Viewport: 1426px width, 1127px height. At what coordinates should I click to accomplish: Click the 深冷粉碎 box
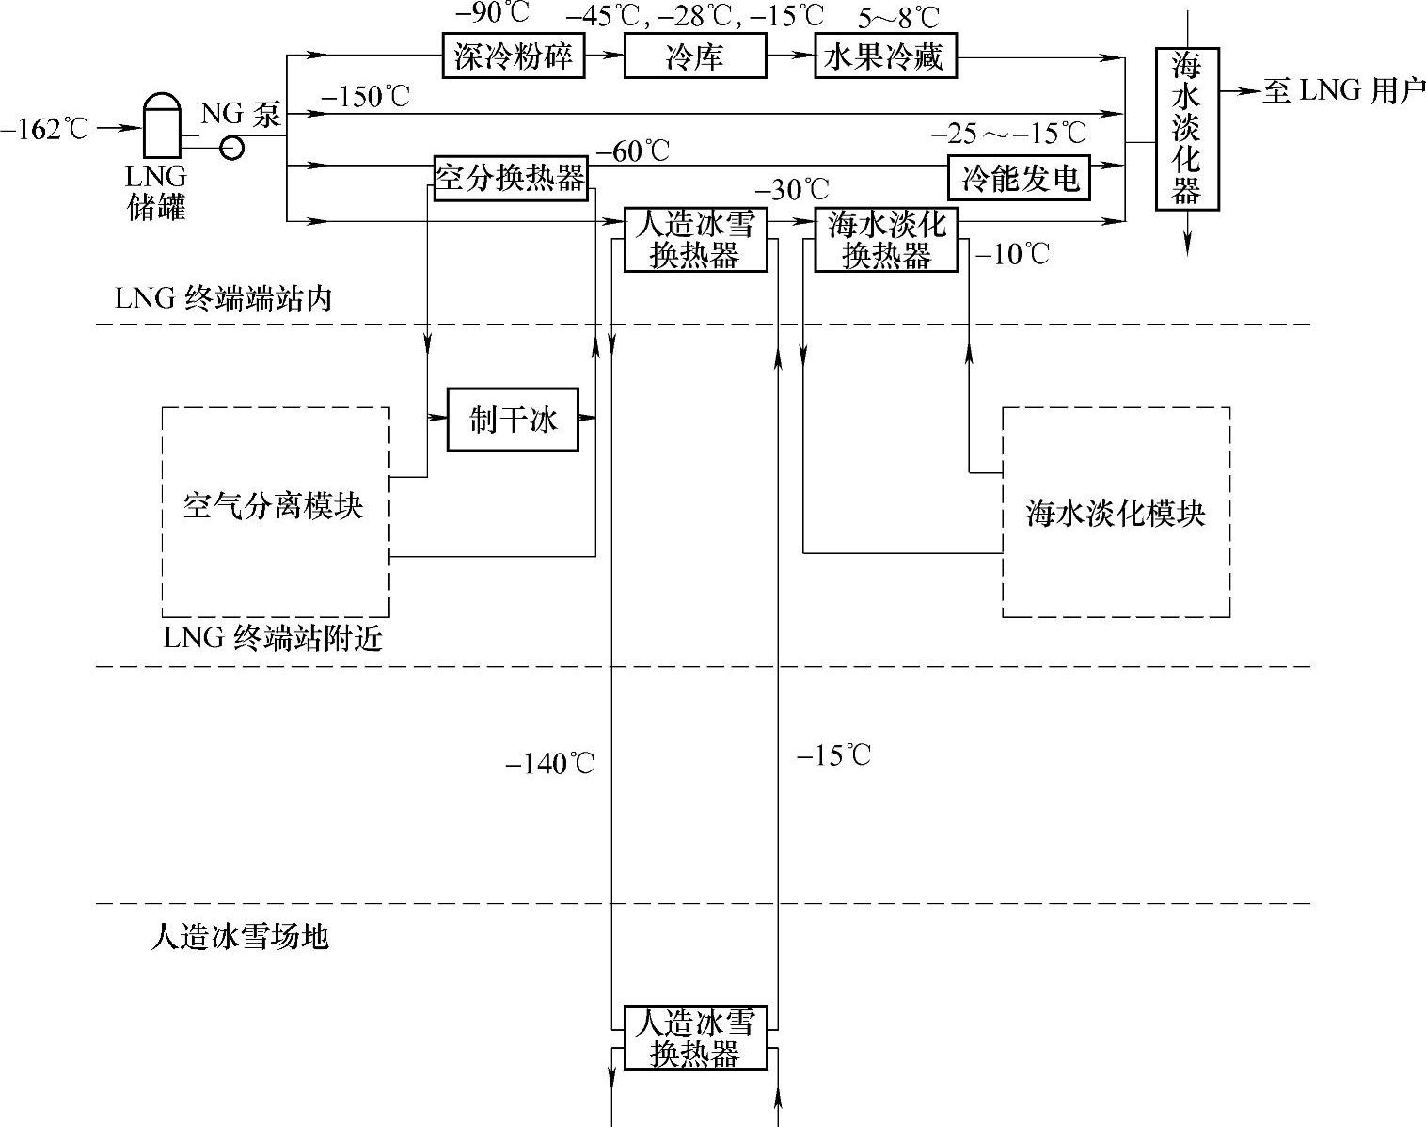click(x=513, y=56)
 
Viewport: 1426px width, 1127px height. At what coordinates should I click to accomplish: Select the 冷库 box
click(x=694, y=56)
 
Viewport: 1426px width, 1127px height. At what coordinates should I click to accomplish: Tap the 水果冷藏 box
click(x=884, y=56)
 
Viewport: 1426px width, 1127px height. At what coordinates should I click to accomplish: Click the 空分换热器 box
click(x=511, y=177)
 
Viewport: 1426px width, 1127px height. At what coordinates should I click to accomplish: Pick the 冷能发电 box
click(x=1020, y=177)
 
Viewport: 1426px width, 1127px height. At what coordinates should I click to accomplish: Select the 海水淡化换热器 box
click(x=886, y=240)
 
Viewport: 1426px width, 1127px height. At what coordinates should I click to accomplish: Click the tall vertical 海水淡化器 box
click(x=1186, y=129)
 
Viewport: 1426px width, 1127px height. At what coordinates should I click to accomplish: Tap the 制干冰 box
click(x=513, y=419)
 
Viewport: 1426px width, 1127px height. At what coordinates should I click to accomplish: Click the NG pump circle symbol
click(x=230, y=148)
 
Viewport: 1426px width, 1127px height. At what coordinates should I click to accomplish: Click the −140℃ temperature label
click(x=550, y=764)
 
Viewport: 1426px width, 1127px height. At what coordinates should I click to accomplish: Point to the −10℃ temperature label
click(x=1013, y=254)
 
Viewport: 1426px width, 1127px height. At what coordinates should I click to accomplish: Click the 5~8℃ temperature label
click(x=900, y=16)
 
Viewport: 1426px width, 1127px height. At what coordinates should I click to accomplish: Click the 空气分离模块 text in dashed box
click(x=273, y=507)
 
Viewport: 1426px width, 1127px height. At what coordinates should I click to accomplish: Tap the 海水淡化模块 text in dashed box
click(x=1115, y=514)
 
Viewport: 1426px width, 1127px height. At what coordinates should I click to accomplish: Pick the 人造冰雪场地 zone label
click(x=240, y=937)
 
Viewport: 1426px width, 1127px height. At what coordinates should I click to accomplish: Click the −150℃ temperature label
click(x=365, y=96)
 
